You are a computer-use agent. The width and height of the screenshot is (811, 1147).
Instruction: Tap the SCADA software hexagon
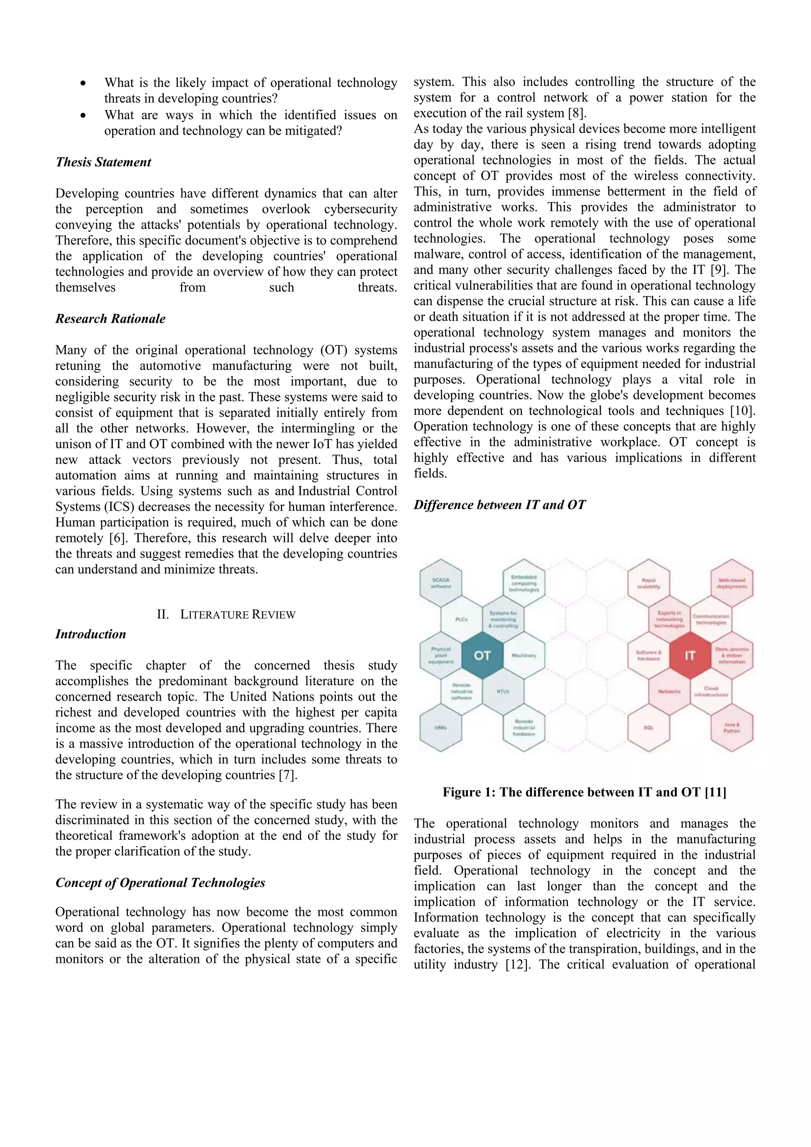440,582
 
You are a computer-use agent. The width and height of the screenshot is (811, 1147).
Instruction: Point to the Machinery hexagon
524,655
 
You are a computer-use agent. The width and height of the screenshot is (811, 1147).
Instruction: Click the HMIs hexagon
440,727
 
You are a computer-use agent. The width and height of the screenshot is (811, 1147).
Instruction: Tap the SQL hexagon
648,727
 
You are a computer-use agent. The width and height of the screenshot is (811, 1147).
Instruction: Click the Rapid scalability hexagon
648,582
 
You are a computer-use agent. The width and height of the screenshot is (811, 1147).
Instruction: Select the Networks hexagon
669,691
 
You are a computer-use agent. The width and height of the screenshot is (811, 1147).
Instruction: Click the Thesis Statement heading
103,162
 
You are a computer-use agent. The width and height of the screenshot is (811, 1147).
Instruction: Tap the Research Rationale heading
110,319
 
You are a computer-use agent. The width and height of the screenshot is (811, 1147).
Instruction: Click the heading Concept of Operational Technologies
160,883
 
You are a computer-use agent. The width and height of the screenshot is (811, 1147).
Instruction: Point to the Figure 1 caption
584,792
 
